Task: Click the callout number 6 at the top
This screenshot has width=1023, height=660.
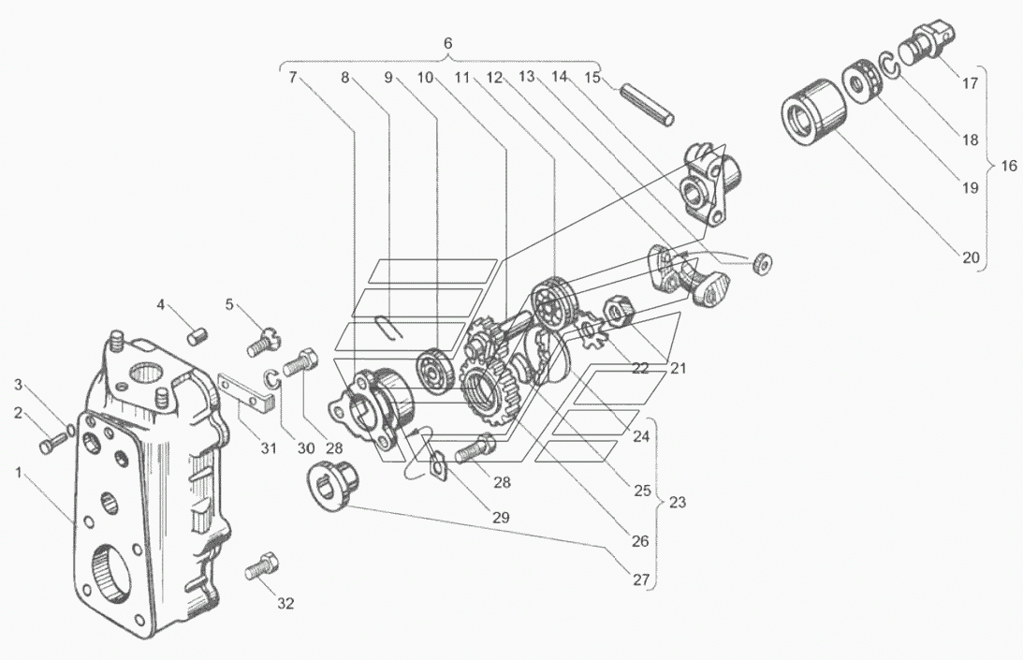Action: tap(447, 44)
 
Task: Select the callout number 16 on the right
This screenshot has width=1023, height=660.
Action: tap(1009, 166)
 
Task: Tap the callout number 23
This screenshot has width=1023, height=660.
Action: tap(678, 503)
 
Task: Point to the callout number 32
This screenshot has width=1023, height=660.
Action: tap(285, 604)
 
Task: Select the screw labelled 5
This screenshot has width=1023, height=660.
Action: tap(263, 341)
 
